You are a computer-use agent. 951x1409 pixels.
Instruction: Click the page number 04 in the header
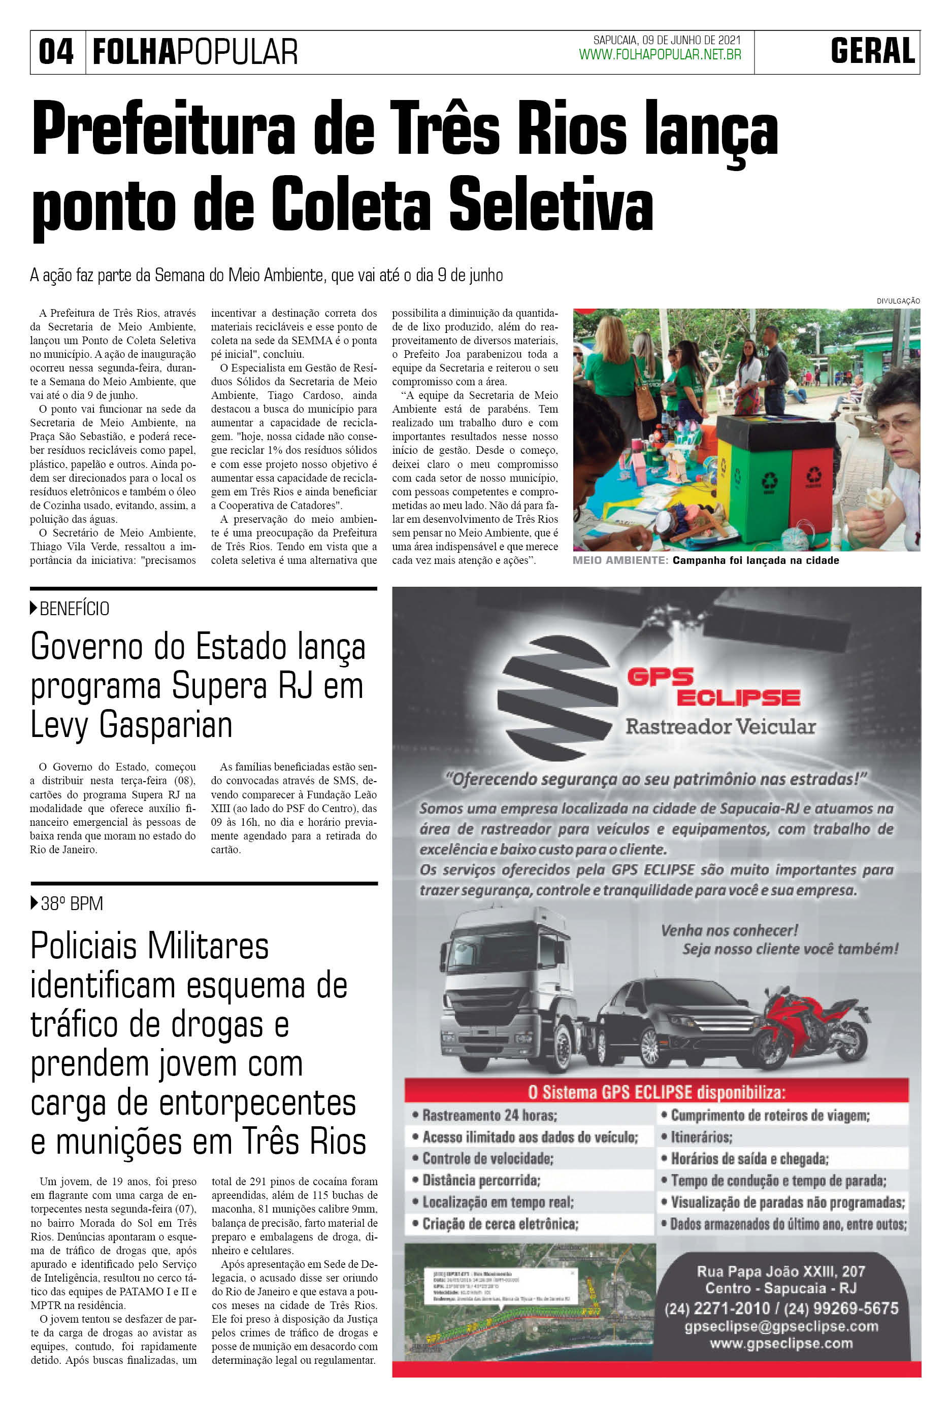coord(56,52)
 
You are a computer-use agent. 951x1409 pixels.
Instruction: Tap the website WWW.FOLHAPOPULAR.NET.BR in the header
coord(660,55)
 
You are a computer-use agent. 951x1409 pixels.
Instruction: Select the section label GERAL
coord(873,52)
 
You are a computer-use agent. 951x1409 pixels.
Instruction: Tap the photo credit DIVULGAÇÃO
coord(898,300)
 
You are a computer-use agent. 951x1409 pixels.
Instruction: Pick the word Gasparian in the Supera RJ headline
coord(166,725)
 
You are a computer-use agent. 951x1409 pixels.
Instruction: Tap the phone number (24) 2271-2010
coord(717,1309)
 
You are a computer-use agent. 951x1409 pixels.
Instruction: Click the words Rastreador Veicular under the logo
coord(720,726)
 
